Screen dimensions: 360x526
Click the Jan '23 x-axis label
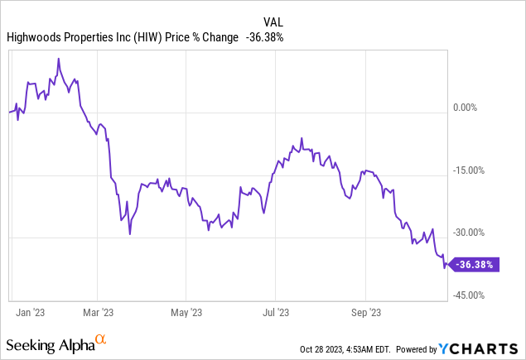click(31, 312)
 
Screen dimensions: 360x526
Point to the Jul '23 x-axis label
click(275, 312)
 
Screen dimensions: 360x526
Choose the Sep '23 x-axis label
click(365, 312)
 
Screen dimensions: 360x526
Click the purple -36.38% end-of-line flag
click(473, 266)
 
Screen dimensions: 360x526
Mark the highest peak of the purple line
click(58, 60)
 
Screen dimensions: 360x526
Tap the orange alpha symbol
click(100, 339)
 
